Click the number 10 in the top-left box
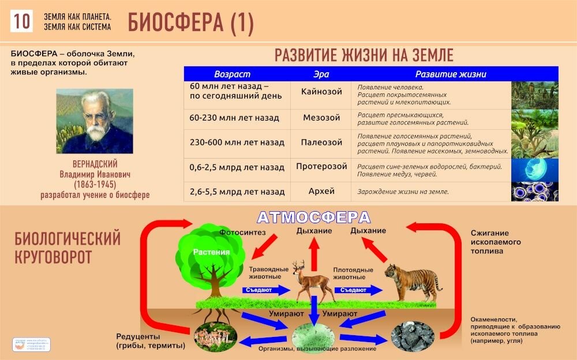[x=22, y=21]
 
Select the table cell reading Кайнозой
[x=321, y=92]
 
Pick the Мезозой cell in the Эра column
[x=321, y=118]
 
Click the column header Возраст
[x=232, y=74]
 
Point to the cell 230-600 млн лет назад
[x=237, y=142]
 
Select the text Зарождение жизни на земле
[x=403, y=192]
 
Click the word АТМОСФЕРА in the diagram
[x=313, y=217]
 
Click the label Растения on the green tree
[x=211, y=252]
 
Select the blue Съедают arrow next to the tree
[x=263, y=290]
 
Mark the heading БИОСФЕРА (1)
[x=190, y=22]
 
